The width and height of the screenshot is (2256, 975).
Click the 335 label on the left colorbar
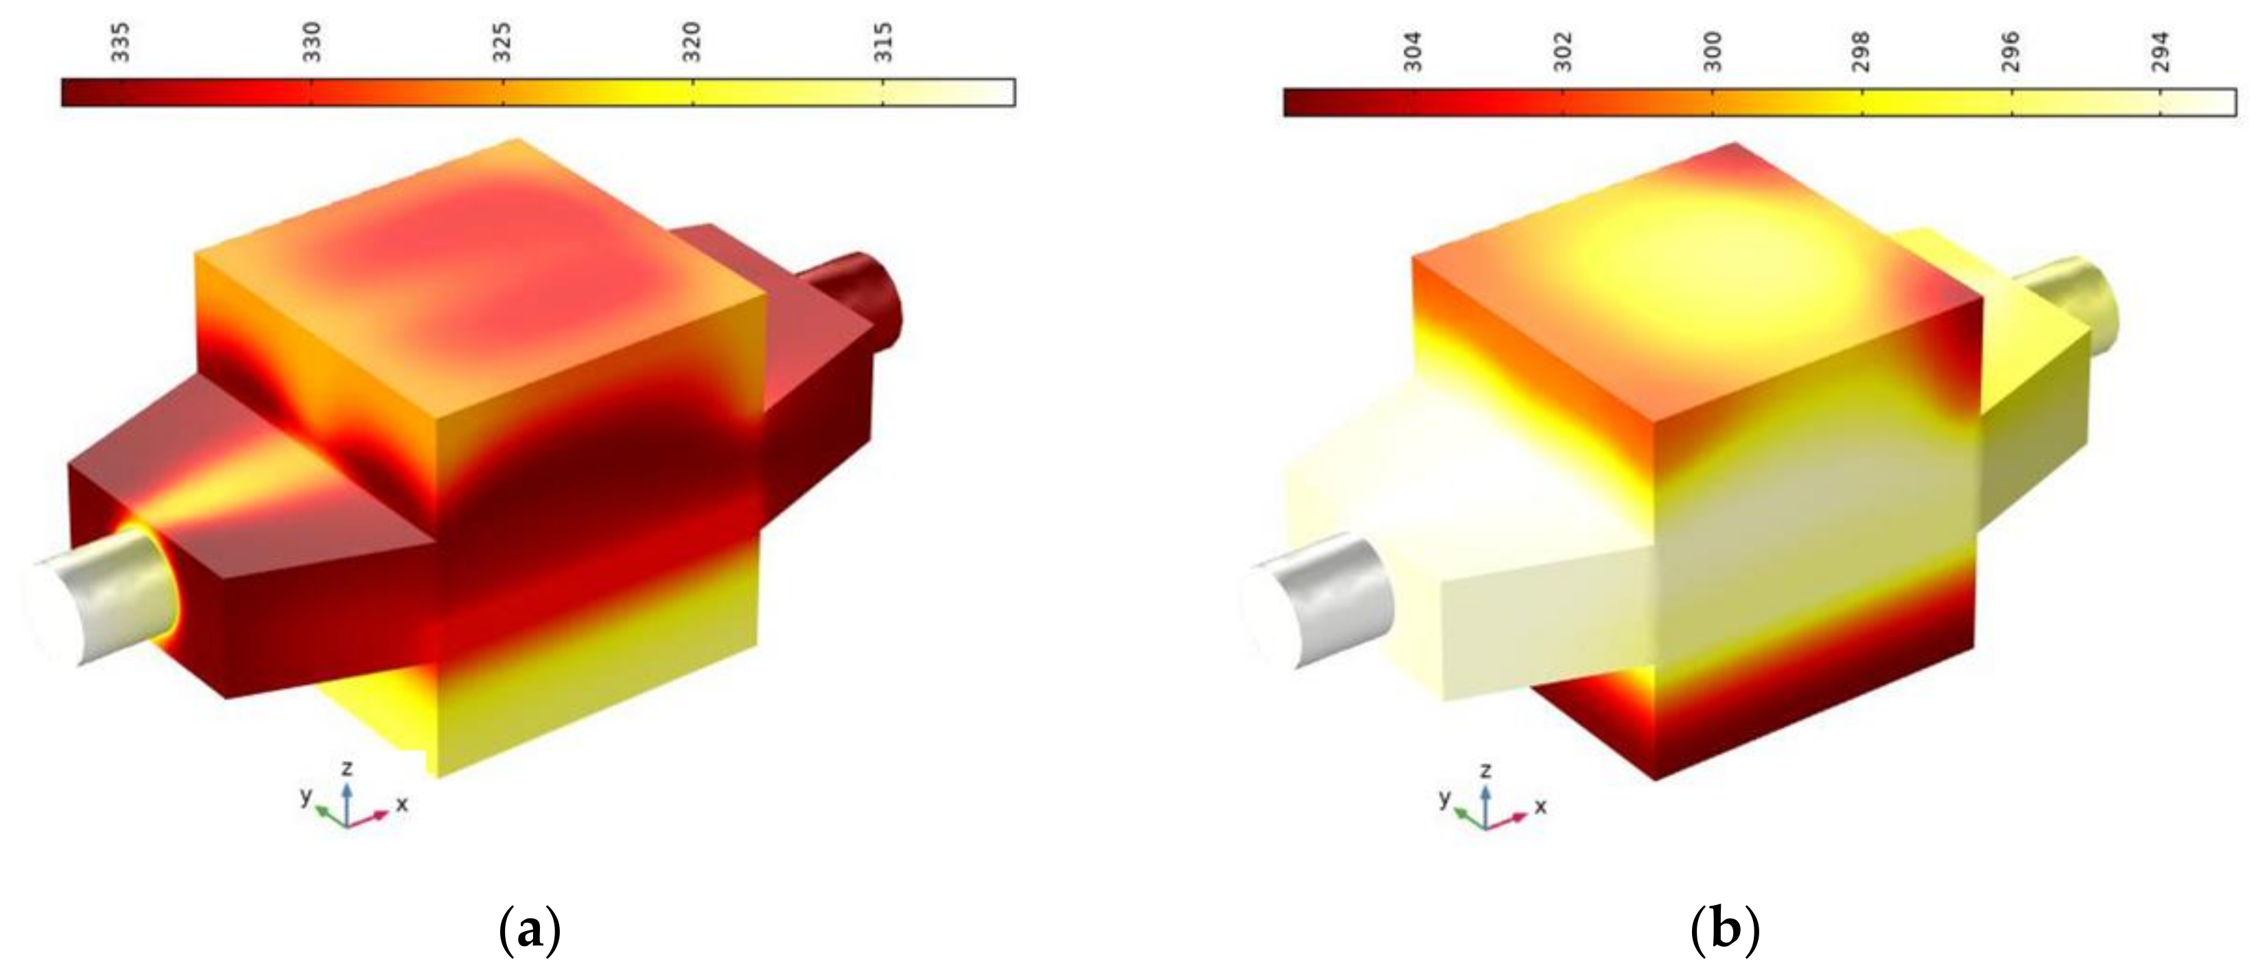(121, 42)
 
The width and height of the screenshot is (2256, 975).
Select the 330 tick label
(312, 42)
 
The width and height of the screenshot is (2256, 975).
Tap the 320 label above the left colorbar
(693, 42)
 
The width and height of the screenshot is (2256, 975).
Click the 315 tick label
(884, 42)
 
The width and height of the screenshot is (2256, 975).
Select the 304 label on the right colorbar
(1412, 51)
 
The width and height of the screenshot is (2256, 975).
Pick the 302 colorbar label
(1562, 51)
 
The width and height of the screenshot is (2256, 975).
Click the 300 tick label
(1712, 51)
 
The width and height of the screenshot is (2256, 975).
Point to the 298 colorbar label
(1862, 51)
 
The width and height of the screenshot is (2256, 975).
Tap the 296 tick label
(2012, 51)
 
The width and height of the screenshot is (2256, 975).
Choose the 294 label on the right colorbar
(2161, 51)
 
